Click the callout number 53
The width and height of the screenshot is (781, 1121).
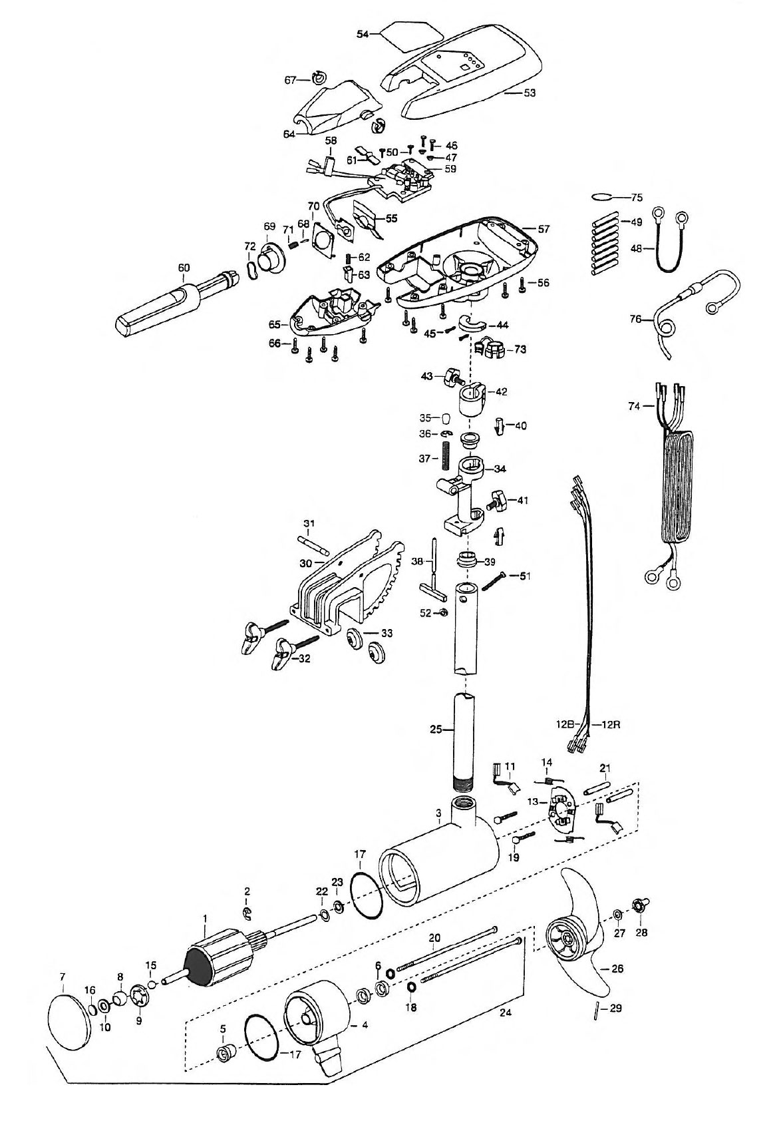coord(530,93)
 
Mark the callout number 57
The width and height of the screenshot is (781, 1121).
coord(543,229)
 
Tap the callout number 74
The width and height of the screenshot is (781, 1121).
coord(634,407)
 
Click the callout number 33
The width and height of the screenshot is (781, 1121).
coord(387,632)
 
